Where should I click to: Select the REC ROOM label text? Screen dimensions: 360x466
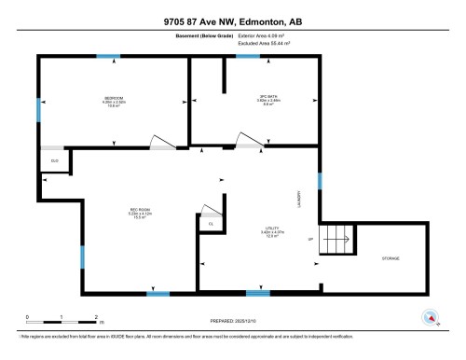(140, 210)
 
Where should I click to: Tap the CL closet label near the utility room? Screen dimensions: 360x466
(211, 224)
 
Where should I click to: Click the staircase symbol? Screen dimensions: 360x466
(337, 240)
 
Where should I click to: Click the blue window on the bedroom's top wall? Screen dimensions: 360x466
(114, 57)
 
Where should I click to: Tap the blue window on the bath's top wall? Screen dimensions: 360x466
(248, 57)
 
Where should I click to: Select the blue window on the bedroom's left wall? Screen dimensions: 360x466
(38, 110)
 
